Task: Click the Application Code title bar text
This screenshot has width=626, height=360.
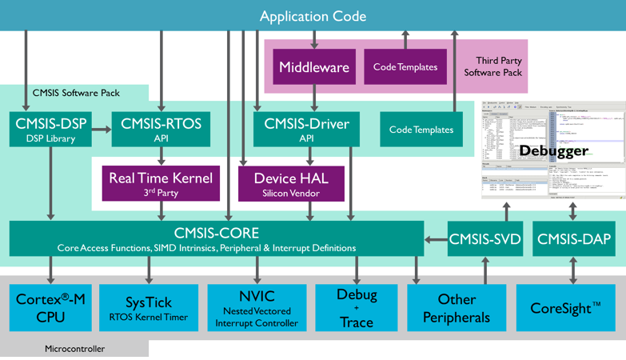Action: [313, 16]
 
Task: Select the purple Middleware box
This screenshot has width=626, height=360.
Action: [314, 67]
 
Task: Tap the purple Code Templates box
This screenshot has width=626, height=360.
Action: [405, 67]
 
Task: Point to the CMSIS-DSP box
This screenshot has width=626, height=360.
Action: [51, 129]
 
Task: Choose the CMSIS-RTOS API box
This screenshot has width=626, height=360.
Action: [161, 129]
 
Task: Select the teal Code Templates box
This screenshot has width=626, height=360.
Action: [421, 129]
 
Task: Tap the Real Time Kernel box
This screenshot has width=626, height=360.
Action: [161, 183]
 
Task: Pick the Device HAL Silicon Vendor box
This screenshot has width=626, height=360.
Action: [291, 183]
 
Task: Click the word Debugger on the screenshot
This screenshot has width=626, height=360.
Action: [553, 150]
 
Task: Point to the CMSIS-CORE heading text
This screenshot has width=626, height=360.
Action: [217, 233]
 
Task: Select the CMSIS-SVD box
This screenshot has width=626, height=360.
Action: [485, 238]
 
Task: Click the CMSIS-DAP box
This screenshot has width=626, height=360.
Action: [573, 238]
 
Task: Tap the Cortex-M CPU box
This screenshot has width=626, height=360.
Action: [50, 307]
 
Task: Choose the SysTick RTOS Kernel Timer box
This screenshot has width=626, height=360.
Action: [149, 307]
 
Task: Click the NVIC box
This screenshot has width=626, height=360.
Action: [257, 307]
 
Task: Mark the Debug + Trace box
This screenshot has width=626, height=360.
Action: [356, 307]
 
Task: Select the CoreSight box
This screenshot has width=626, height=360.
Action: [565, 307]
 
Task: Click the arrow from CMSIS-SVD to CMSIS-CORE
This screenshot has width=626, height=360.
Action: [436, 238]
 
